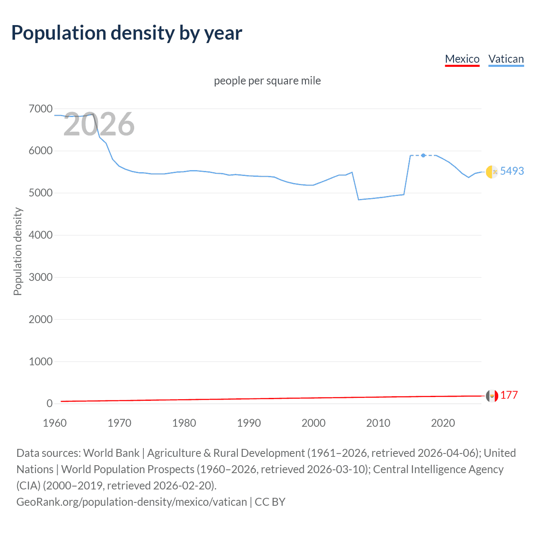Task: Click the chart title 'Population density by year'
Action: (127, 33)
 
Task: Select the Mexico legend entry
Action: (462, 59)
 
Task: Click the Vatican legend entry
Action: (506, 59)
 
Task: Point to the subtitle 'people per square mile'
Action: (267, 81)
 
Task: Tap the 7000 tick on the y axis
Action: (41, 109)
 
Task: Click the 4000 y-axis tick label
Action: (41, 235)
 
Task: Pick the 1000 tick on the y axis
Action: (41, 362)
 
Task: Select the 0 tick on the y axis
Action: (49, 404)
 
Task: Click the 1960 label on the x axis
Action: (55, 423)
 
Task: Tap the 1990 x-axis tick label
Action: (249, 423)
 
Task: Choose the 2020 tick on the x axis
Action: (443, 423)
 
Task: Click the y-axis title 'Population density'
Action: (18, 252)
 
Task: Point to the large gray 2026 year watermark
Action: (99, 124)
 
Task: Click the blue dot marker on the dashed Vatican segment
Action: (423, 155)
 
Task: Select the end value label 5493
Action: (512, 171)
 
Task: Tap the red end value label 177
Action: (509, 395)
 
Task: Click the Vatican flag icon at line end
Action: (492, 172)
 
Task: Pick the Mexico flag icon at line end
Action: (492, 395)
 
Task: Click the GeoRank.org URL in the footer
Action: (131, 502)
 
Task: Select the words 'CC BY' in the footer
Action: (270, 502)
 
